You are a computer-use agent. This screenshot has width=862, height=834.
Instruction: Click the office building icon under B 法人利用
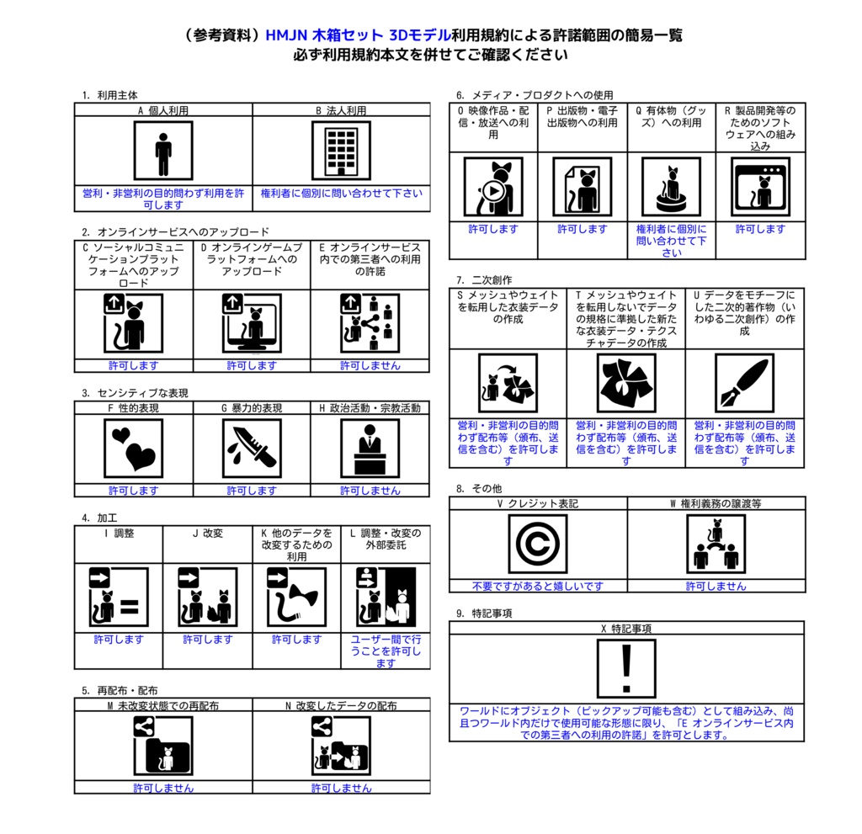341,151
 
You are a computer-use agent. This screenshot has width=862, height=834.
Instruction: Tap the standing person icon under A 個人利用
163,151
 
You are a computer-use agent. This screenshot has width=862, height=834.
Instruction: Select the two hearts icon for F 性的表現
134,448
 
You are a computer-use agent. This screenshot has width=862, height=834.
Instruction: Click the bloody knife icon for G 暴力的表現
252,448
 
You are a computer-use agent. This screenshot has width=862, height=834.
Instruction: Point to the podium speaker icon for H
370,448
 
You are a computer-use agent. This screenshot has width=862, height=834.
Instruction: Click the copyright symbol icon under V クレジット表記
538,544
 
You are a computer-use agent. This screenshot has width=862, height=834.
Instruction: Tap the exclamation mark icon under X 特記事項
626,668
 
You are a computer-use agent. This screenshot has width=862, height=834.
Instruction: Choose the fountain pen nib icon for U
744,383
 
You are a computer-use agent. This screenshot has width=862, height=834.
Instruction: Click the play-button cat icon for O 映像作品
493,187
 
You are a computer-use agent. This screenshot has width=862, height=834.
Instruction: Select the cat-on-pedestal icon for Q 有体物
671,187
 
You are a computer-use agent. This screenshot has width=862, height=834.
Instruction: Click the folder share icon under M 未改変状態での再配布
163,746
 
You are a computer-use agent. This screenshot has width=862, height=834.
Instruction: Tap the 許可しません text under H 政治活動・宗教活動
370,491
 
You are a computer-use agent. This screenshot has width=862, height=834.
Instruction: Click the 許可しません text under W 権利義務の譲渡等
716,586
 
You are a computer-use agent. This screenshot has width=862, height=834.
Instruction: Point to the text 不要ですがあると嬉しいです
538,586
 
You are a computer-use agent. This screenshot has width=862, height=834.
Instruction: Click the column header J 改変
207,534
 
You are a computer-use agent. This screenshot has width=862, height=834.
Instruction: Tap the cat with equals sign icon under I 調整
119,597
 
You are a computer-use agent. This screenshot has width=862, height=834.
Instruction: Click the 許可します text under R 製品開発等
760,229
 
